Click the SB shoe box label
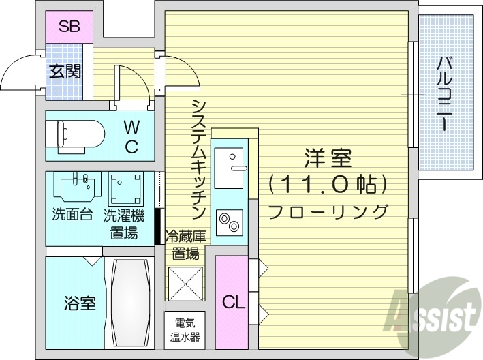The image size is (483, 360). point(69,27)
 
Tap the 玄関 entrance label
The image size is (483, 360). point(65,71)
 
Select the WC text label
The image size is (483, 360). point(131,136)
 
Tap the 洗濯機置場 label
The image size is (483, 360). point(124,224)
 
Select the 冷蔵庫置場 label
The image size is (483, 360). point(185,245)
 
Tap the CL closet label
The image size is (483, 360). point(231,301)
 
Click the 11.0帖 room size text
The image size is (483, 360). point(328,184)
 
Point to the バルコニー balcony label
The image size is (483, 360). point(443,95)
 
